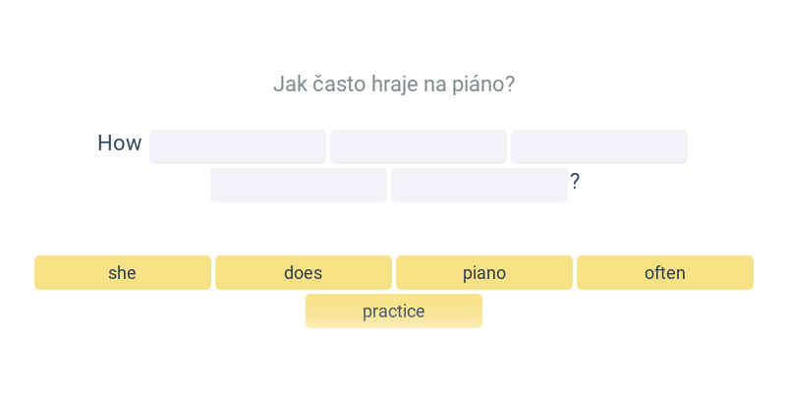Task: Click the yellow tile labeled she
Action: pyautogui.click(x=123, y=273)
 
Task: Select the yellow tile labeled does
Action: pyautogui.click(x=304, y=273)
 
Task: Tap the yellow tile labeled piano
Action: pyautogui.click(x=484, y=273)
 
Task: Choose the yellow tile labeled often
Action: pyautogui.click(x=665, y=273)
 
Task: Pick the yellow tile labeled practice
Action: pyautogui.click(x=394, y=310)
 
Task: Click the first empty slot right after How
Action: pyautogui.click(x=238, y=146)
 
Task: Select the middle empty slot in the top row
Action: pyautogui.click(x=419, y=146)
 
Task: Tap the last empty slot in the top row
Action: pyautogui.click(x=599, y=146)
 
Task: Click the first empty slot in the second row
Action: pyautogui.click(x=299, y=185)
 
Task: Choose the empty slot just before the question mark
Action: pyautogui.click(x=479, y=185)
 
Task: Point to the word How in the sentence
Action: pyautogui.click(x=120, y=142)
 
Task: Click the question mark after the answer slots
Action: pyautogui.click(x=575, y=182)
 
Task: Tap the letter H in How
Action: pyautogui.click(x=104, y=142)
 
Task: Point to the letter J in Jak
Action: pyautogui.click(x=278, y=84)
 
